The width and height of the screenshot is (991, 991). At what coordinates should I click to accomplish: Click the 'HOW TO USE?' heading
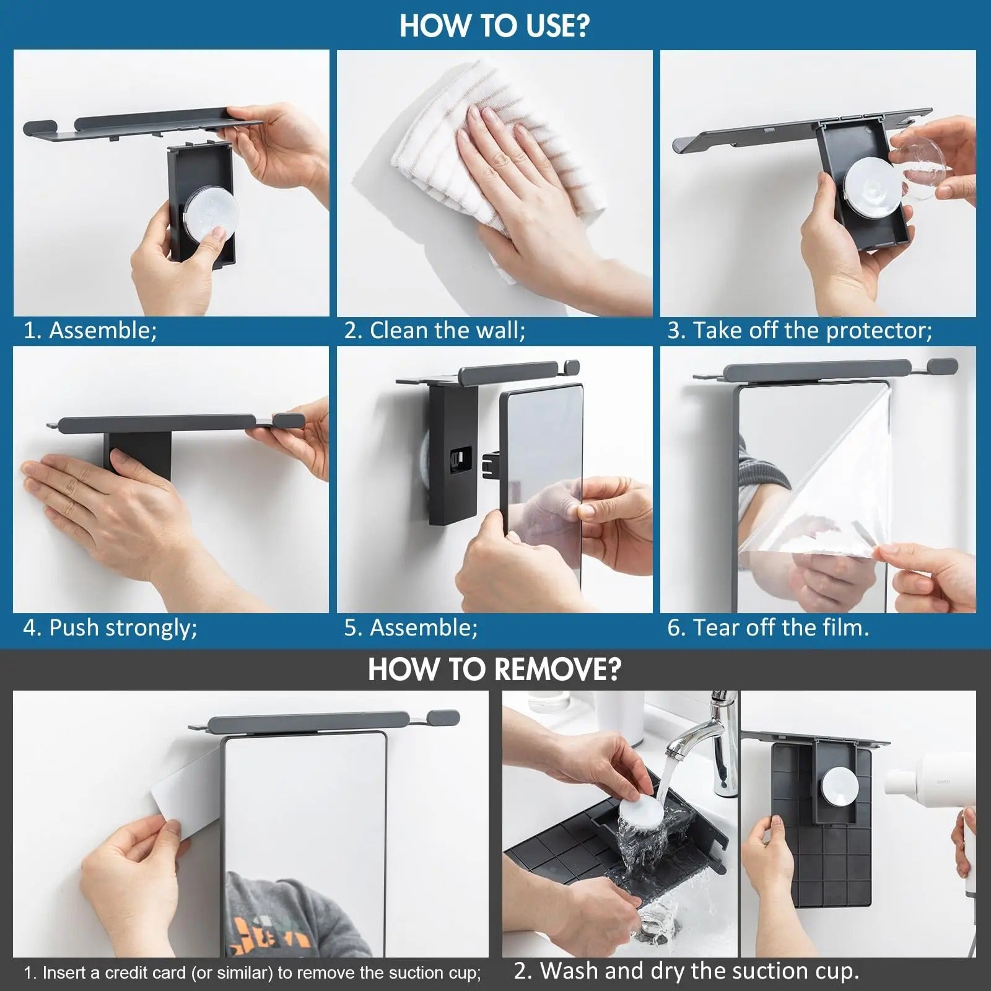[x=494, y=26]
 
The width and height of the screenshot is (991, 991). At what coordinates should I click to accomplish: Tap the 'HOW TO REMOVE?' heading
[x=494, y=670]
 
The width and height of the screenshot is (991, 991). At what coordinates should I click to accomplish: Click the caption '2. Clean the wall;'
[x=435, y=331]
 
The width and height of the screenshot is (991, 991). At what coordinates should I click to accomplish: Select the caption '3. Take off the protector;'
[x=799, y=331]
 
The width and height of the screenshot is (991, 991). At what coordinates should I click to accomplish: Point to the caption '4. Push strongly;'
[x=110, y=628]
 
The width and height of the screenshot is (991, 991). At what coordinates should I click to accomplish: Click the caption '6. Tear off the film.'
[x=768, y=628]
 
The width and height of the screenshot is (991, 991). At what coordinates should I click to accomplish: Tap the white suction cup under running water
[x=638, y=805]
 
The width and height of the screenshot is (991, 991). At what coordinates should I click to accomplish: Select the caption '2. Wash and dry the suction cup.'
[x=686, y=971]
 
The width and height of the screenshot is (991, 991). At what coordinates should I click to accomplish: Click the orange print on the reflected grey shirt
[x=266, y=929]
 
